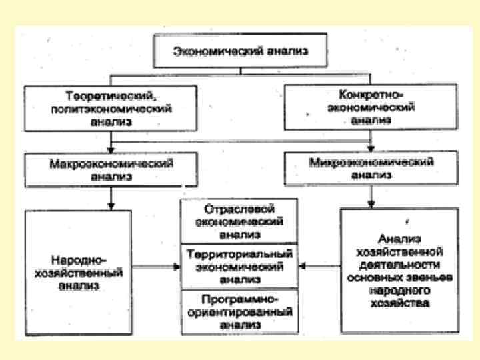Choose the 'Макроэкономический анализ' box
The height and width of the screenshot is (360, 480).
tap(111, 169)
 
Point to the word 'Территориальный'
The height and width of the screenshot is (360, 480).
tap(240, 255)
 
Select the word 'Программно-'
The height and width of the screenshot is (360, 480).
tap(240, 299)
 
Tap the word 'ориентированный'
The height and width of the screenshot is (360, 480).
tap(240, 312)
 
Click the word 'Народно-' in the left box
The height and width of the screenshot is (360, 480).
tap(79, 259)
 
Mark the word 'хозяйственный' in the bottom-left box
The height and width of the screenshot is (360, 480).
tap(79, 272)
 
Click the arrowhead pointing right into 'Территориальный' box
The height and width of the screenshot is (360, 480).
tap(177, 267)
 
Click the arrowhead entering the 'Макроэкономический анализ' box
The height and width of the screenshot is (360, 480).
tap(111, 150)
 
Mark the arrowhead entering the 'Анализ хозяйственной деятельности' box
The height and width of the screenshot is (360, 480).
tap(371, 205)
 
